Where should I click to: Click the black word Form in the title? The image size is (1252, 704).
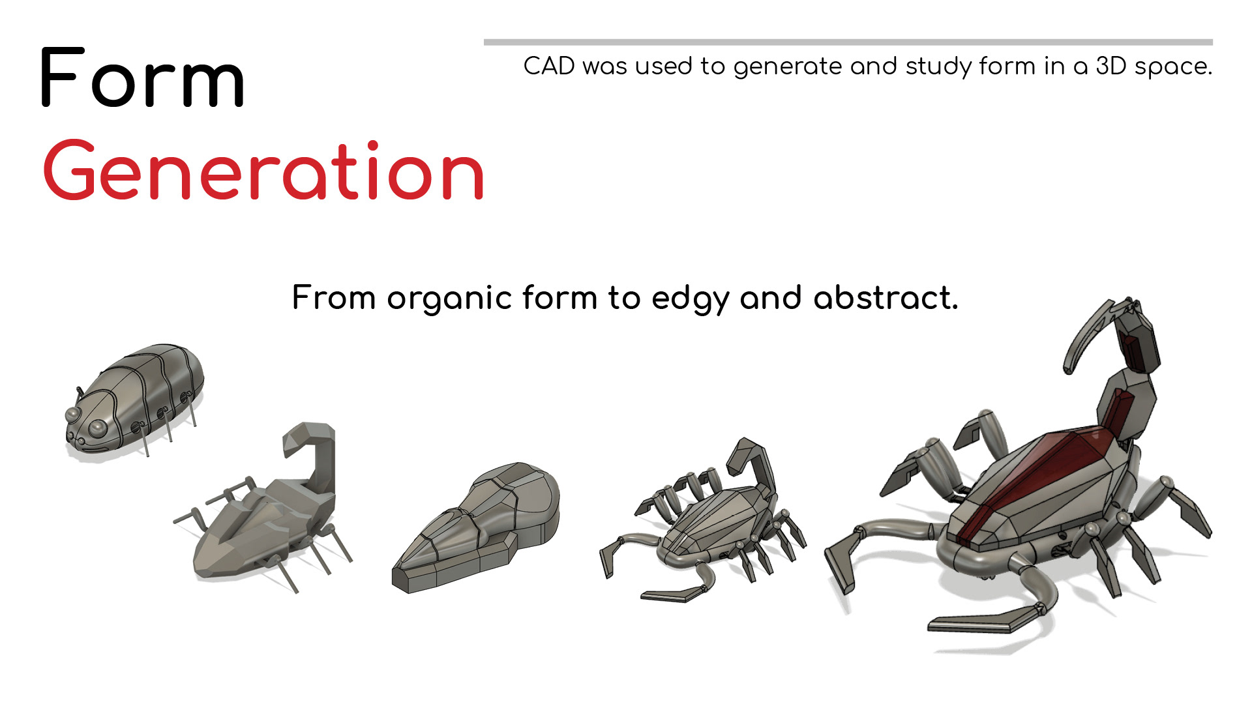coord(142,78)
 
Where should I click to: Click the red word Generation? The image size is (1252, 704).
coord(263,170)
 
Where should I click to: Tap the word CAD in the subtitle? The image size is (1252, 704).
coord(549,66)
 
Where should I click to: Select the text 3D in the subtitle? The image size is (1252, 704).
coord(1110,66)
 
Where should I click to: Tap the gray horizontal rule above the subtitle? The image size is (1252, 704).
coord(848,42)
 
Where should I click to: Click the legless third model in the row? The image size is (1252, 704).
coord(476,528)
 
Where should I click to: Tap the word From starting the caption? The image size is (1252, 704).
coord(333,298)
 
